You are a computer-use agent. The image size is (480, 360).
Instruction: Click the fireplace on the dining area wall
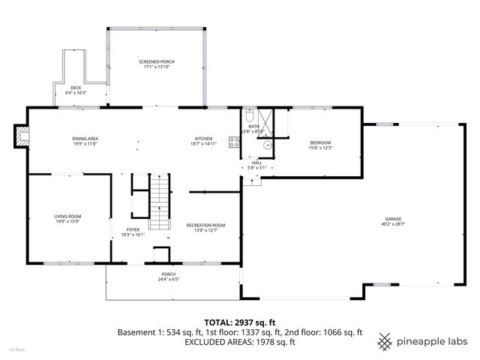(22, 136)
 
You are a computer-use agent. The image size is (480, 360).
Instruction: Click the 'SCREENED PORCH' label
(157, 61)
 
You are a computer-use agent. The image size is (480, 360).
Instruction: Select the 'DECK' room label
(76, 88)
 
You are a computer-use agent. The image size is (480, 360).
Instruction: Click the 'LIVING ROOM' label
(67, 217)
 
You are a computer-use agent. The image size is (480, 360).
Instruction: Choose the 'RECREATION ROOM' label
(205, 225)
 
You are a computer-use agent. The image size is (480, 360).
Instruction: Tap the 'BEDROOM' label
(320, 142)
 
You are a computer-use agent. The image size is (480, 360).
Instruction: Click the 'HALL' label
(256, 162)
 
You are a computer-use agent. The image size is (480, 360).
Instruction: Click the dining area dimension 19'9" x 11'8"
(85, 144)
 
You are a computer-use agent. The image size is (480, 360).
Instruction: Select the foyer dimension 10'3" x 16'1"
(132, 235)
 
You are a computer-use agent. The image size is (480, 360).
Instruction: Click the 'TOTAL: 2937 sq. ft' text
(239, 321)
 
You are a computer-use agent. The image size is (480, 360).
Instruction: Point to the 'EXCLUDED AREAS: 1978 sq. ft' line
(239, 341)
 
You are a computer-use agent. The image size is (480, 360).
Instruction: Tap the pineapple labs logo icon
(385, 341)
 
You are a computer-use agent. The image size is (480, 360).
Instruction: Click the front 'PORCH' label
(168, 274)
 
